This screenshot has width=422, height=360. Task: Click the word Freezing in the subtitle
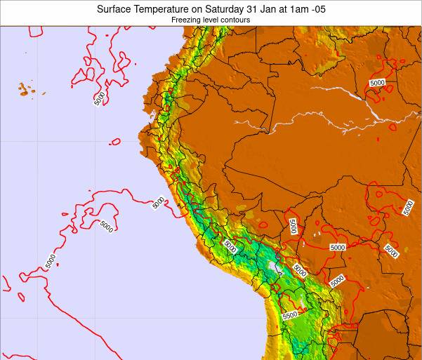click(x=185, y=20)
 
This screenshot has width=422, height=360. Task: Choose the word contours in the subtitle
click(x=236, y=20)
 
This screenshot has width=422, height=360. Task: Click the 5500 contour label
click(x=290, y=315)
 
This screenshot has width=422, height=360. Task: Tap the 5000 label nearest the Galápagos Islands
click(x=99, y=98)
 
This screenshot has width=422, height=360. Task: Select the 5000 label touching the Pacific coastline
click(x=159, y=202)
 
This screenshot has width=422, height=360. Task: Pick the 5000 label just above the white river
click(x=377, y=83)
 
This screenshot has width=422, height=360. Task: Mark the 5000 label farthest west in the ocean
click(x=50, y=260)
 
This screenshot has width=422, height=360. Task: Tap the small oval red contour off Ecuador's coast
click(x=115, y=141)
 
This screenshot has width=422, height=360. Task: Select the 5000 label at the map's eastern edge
click(x=409, y=207)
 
